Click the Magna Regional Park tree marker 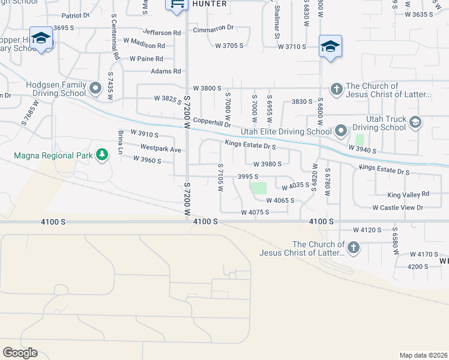[x=102, y=155]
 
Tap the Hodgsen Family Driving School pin [x=95, y=89]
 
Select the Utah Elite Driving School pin [x=340, y=130]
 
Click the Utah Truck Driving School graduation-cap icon [x=414, y=123]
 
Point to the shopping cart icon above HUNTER [x=177, y=5]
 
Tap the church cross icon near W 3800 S [x=336, y=89]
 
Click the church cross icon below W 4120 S [x=354, y=247]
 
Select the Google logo [x=20, y=352]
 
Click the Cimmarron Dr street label [x=212, y=28]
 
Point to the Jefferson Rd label [x=161, y=32]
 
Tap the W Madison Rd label [x=143, y=46]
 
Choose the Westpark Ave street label [x=160, y=149]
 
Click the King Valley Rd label [x=408, y=194]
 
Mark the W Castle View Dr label [x=397, y=208]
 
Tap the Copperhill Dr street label [x=212, y=122]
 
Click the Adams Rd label [x=166, y=71]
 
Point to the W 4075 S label [x=255, y=212]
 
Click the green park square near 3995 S [x=258, y=188]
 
